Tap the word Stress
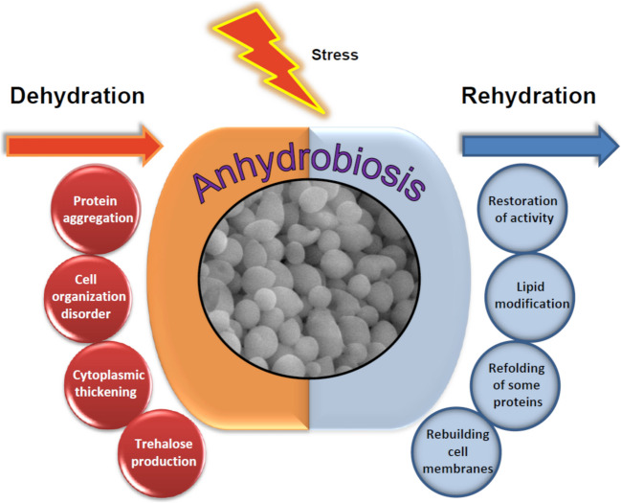click(x=335, y=55)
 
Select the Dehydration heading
click(x=78, y=96)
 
